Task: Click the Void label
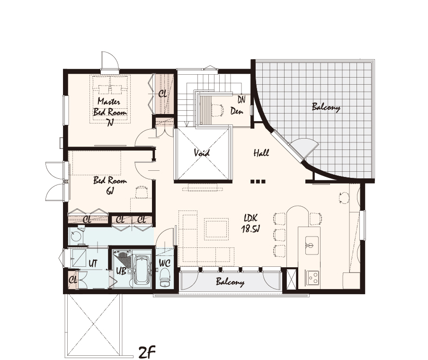[202, 153]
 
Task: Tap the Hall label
[261, 153]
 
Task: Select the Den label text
[237, 111]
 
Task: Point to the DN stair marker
[241, 99]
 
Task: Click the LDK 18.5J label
[250, 223]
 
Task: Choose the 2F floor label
[147, 352]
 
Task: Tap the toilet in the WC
[165, 278]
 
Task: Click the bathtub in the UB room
[142, 270]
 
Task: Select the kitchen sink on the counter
[312, 245]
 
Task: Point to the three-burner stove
[312, 277]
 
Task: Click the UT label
[93, 263]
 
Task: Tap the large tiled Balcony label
[326, 107]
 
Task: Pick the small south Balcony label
[230, 282]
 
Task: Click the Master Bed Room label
[110, 112]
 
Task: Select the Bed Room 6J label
[110, 185]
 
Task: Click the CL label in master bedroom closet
[163, 94]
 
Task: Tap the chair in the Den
[217, 110]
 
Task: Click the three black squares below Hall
[258, 181]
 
